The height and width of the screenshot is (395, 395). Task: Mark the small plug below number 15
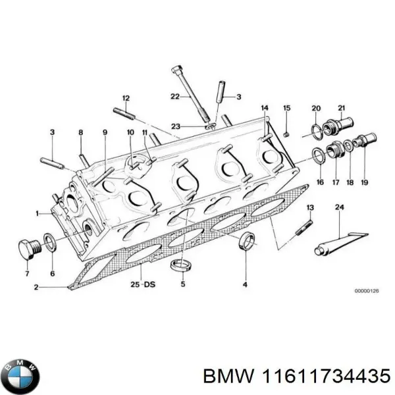click(x=287, y=134)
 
